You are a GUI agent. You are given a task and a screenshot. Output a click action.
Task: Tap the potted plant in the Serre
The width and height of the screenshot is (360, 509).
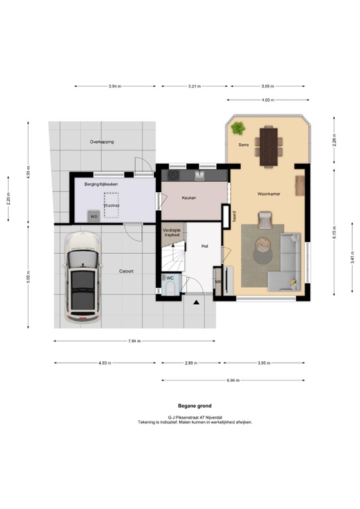coord(238,127)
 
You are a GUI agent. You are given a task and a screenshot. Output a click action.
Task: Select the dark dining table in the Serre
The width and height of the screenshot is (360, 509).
coord(269,145)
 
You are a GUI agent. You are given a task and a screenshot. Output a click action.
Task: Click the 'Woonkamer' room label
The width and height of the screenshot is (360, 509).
coord(270,194)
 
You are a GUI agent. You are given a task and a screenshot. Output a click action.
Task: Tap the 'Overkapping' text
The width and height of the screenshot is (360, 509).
coord(102,142)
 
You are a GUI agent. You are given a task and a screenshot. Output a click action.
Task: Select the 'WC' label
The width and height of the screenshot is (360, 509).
coord(170,278)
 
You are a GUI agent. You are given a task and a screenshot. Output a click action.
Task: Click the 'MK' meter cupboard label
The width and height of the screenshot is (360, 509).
coord(218,282)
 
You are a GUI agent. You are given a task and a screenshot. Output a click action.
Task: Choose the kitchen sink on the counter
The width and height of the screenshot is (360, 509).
coord(200,176)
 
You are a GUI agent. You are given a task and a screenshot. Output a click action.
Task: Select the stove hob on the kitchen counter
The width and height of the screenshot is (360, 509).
coord(173,176)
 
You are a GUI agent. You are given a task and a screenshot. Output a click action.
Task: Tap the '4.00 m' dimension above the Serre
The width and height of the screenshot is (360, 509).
coord(267,100)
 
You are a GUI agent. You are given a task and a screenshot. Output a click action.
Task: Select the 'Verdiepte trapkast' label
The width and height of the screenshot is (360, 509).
coord(172,232)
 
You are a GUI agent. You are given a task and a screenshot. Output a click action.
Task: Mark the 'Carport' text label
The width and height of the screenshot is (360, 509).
coord(127,271)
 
